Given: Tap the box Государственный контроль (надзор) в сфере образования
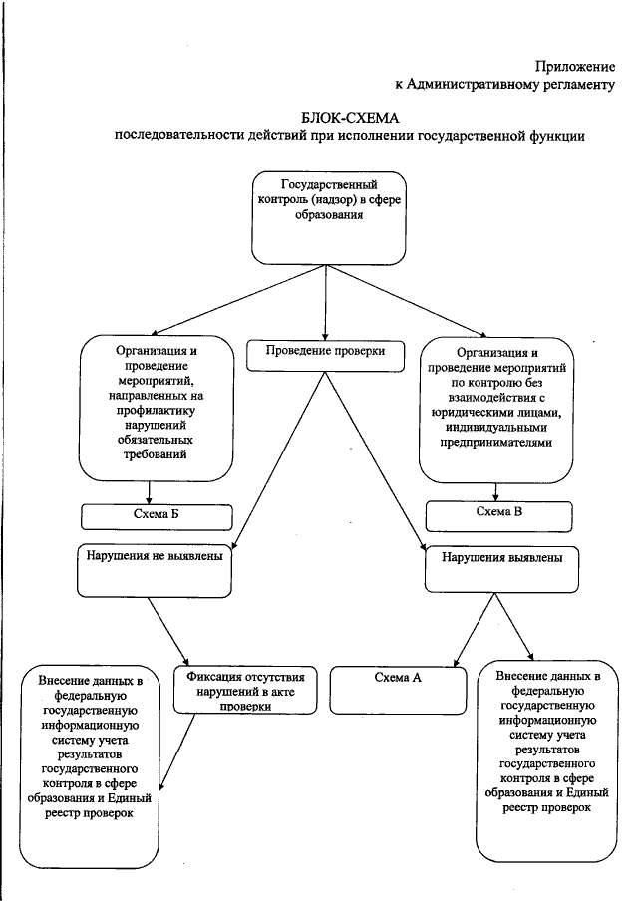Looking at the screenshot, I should pos(328,218).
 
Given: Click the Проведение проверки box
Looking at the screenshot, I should pos(325,351).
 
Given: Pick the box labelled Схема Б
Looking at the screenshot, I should pos(157,515).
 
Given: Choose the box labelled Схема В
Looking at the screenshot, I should pos(498,514).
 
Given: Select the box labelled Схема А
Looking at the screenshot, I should pos(398,678).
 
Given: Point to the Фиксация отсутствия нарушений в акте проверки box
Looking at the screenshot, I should pos(252,690).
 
